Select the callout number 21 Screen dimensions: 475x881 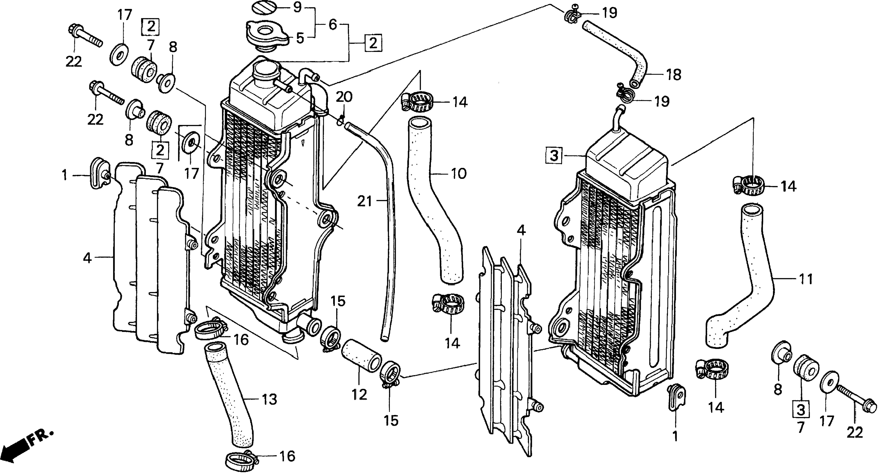pos(364,201)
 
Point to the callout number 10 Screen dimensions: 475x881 pos(458,174)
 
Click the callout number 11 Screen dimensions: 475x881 pos(806,279)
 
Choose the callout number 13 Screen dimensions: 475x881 pos(269,399)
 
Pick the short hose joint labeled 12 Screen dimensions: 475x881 pos(361,360)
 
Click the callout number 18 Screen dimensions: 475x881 pos(674,75)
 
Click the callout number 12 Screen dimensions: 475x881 pos(359,395)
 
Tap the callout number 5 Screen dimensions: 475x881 pos(300,38)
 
